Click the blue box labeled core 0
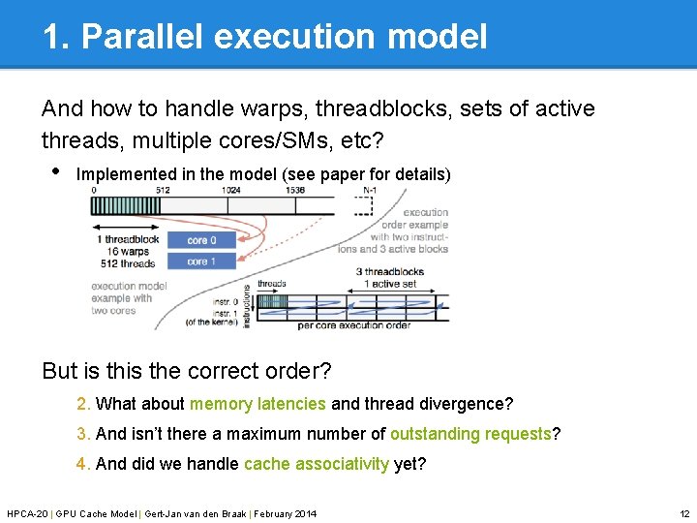[x=201, y=240]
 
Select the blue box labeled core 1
[x=201, y=261]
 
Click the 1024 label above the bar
[x=230, y=191]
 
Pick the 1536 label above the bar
[x=296, y=191]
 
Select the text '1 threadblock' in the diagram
[x=128, y=239]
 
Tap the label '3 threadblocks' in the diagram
[x=393, y=272]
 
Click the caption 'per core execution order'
[x=353, y=325]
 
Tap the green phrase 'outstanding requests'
[x=470, y=434]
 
